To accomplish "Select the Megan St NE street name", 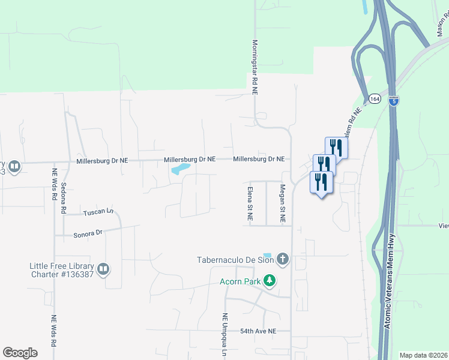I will (282, 203).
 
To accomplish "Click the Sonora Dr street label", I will (88, 232).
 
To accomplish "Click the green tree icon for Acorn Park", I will (270, 280).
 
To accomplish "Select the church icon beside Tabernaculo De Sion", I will (283, 260).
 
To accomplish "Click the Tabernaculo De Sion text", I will (235, 260).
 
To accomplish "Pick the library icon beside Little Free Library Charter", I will (103, 269).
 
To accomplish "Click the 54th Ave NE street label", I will (258, 331).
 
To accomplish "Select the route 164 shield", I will (375, 98).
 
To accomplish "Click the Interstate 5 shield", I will (393, 101).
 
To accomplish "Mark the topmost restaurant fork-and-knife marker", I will (336, 148).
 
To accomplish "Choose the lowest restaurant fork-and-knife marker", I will (321, 182).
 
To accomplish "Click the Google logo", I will (20, 353).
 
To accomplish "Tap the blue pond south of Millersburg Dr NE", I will (181, 169).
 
